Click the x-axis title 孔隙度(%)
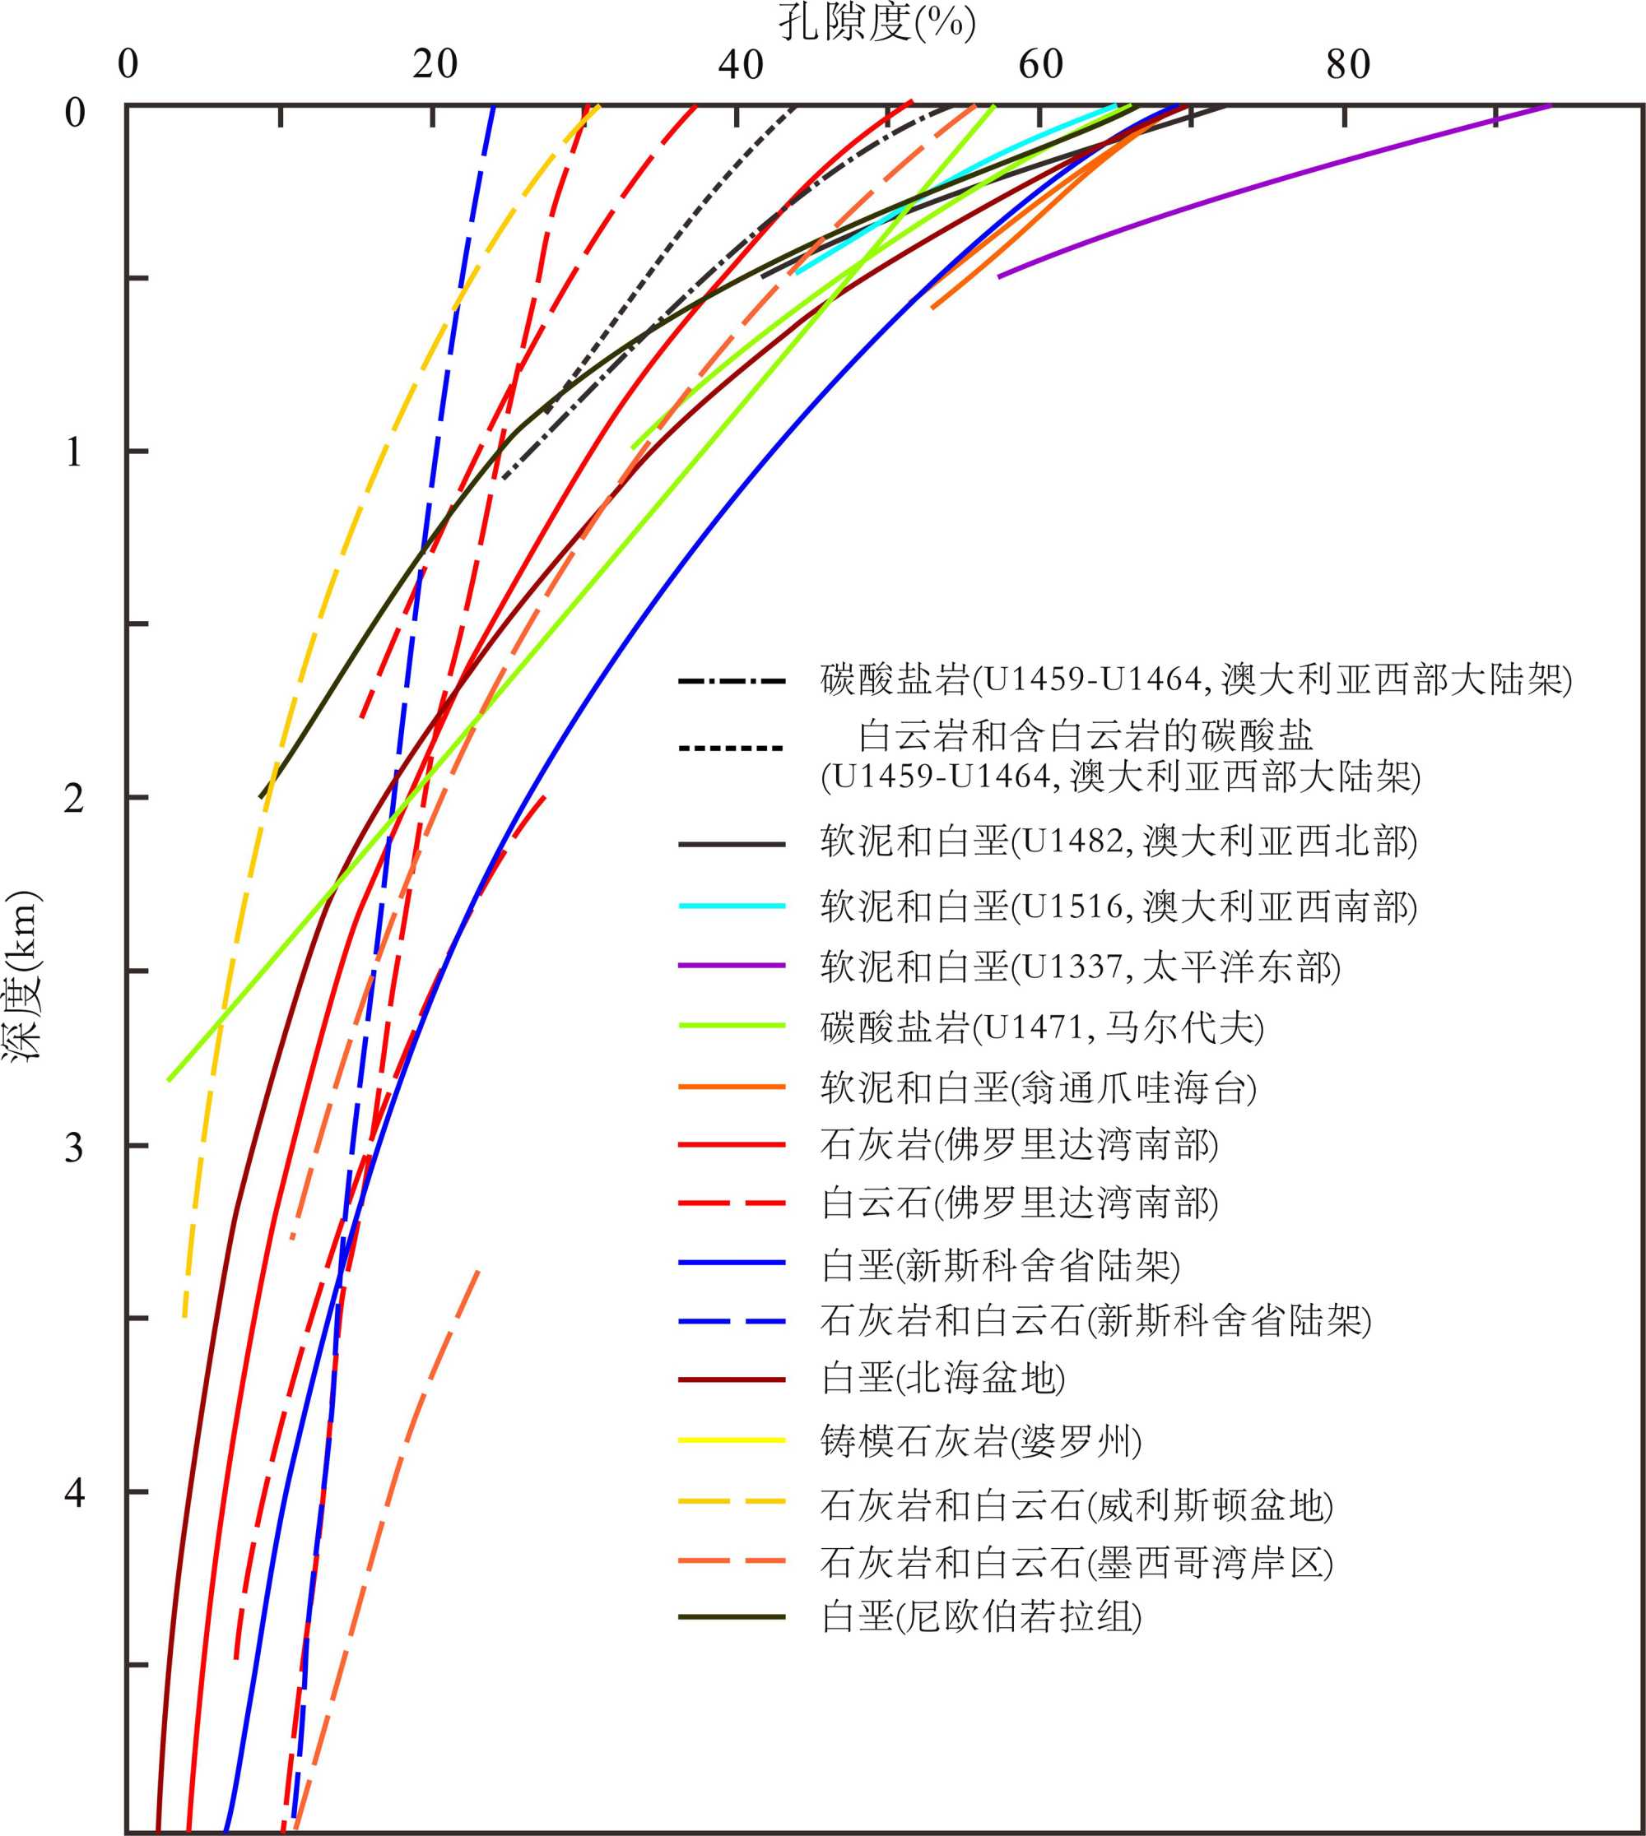[876, 21]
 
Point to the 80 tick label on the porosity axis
[1347, 64]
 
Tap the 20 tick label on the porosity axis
[434, 64]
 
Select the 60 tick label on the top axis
[1041, 64]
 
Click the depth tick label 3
[74, 1146]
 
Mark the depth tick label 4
[74, 1491]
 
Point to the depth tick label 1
[74, 451]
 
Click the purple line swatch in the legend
[732, 966]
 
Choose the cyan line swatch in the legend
[732, 906]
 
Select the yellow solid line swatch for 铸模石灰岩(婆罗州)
[732, 1440]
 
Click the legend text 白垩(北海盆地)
[943, 1379]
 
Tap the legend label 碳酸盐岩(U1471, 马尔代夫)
[1042, 1027]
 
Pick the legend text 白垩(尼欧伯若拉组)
[981, 1616]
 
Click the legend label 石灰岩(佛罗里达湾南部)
[1019, 1144]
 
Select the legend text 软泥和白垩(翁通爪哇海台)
[1039, 1087]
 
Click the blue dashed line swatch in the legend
[732, 1322]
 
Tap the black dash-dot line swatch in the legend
[732, 679]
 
